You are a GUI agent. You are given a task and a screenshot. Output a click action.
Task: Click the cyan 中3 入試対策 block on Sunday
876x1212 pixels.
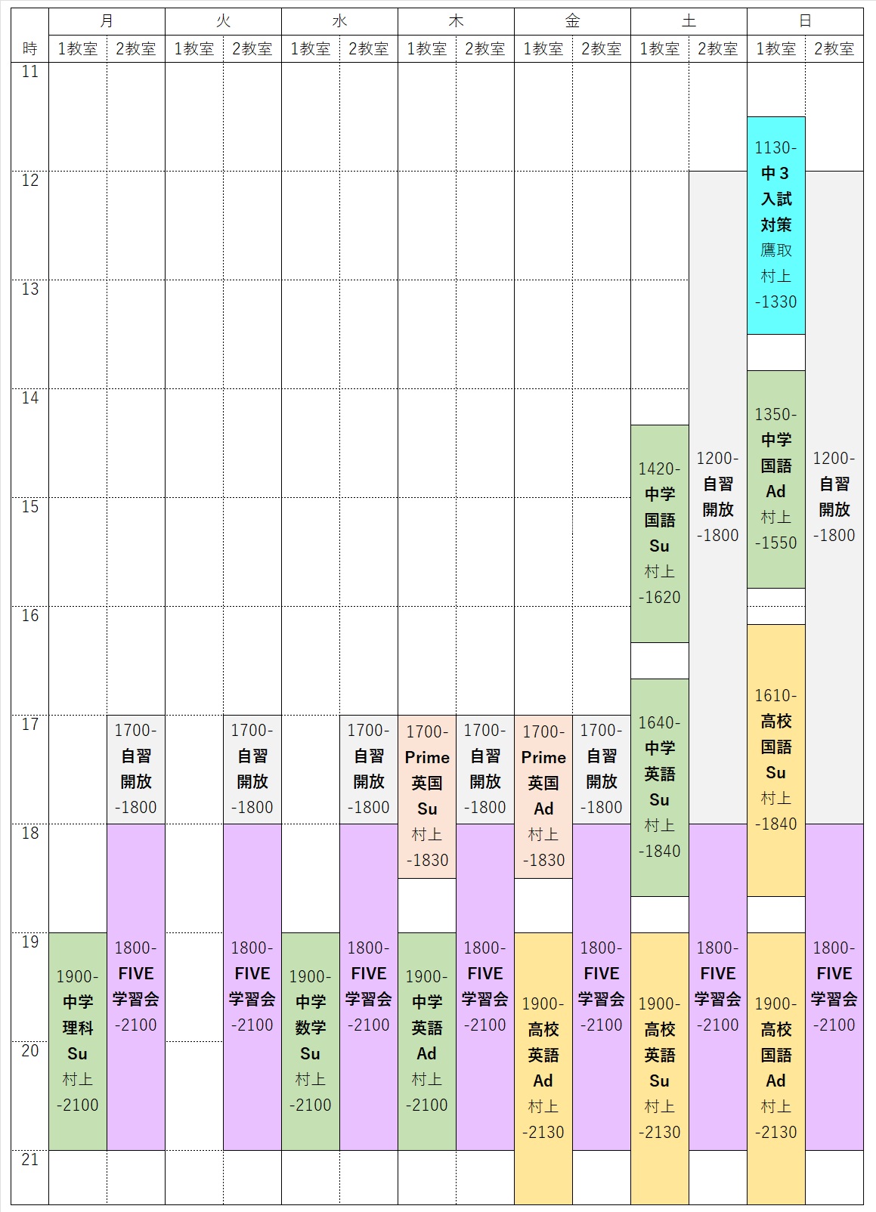[776, 225]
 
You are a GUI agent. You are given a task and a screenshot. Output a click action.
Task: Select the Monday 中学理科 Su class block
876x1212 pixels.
[78, 1041]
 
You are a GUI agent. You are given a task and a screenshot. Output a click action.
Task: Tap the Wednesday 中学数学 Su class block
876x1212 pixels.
[311, 1041]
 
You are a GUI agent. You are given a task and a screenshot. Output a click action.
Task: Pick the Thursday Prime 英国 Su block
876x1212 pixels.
[427, 796]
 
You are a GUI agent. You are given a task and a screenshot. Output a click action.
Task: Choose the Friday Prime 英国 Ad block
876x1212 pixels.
[543, 796]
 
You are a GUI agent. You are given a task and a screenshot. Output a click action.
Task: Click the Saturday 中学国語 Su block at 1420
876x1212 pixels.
[660, 533]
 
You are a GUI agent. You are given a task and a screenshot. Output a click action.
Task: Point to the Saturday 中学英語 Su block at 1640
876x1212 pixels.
[660, 787]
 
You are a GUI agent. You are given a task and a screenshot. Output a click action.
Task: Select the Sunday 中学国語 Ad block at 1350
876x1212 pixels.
[776, 479]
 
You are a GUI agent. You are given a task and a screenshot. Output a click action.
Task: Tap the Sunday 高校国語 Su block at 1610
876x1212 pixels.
[776, 760]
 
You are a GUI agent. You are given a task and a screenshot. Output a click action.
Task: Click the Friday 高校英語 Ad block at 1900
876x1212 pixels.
[543, 1068]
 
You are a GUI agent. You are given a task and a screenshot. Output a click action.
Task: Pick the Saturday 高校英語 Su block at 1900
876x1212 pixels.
[660, 1068]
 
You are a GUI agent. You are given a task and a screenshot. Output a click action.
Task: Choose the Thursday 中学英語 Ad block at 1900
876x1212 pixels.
[427, 1041]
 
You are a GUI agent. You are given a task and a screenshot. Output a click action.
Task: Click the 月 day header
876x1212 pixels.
[107, 21]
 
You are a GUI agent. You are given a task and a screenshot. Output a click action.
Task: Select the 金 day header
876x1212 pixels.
[572, 21]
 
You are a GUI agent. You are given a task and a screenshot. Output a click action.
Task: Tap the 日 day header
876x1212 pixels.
[805, 21]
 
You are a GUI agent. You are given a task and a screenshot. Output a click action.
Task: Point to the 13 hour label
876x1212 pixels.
[30, 289]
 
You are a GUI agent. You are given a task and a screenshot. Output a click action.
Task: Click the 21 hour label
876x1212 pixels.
[30, 1160]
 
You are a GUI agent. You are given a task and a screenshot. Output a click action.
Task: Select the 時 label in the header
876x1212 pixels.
[30, 49]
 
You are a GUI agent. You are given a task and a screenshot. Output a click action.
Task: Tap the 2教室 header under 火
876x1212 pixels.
[252, 49]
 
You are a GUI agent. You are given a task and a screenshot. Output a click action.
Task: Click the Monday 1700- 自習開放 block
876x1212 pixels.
[136, 769]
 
